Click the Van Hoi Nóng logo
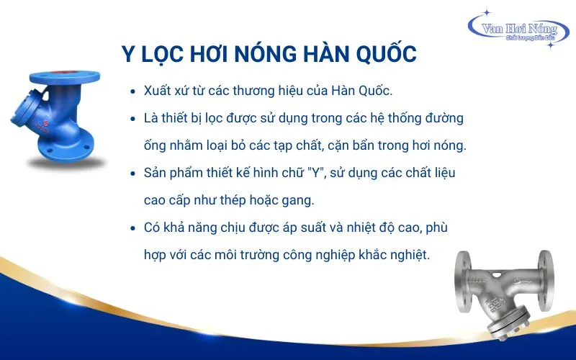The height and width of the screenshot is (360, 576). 518,29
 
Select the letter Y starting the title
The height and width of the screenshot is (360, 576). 128,54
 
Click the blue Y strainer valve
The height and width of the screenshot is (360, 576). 58,117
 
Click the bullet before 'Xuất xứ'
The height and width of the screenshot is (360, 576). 133,91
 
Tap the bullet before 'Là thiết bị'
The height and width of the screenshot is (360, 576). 133,119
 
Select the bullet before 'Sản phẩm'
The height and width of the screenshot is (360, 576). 133,174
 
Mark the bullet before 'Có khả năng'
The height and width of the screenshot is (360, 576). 133,228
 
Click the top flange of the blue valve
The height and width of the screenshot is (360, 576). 65,78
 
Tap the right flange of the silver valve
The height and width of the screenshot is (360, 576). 546,281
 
